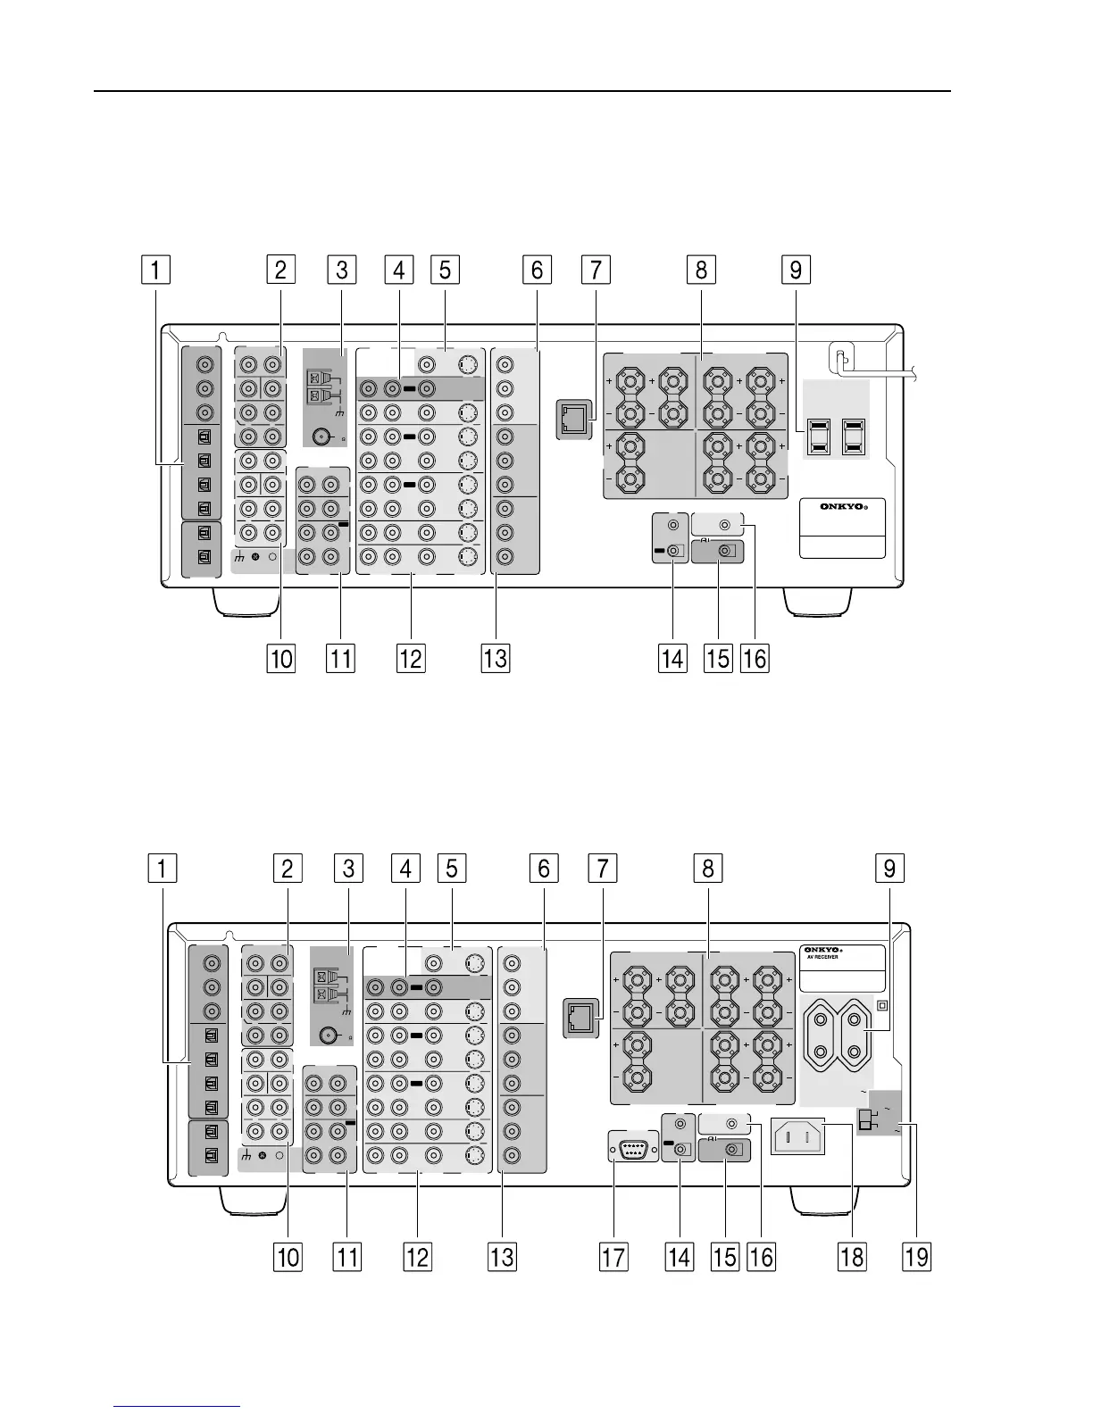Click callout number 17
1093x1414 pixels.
click(613, 1257)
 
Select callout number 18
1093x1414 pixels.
click(851, 1257)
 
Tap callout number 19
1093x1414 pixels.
click(917, 1257)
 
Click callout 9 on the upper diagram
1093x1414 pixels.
click(795, 270)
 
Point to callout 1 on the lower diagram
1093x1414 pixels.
click(162, 868)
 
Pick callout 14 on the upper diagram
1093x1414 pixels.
click(672, 659)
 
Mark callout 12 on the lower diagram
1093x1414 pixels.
click(417, 1257)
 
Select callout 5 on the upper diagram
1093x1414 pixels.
click(444, 270)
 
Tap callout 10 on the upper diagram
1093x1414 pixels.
click(280, 659)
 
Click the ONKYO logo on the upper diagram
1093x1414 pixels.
click(842, 507)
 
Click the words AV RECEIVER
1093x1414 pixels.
click(822, 958)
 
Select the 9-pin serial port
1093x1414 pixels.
click(630, 1148)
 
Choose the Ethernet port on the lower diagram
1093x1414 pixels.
click(578, 1019)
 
